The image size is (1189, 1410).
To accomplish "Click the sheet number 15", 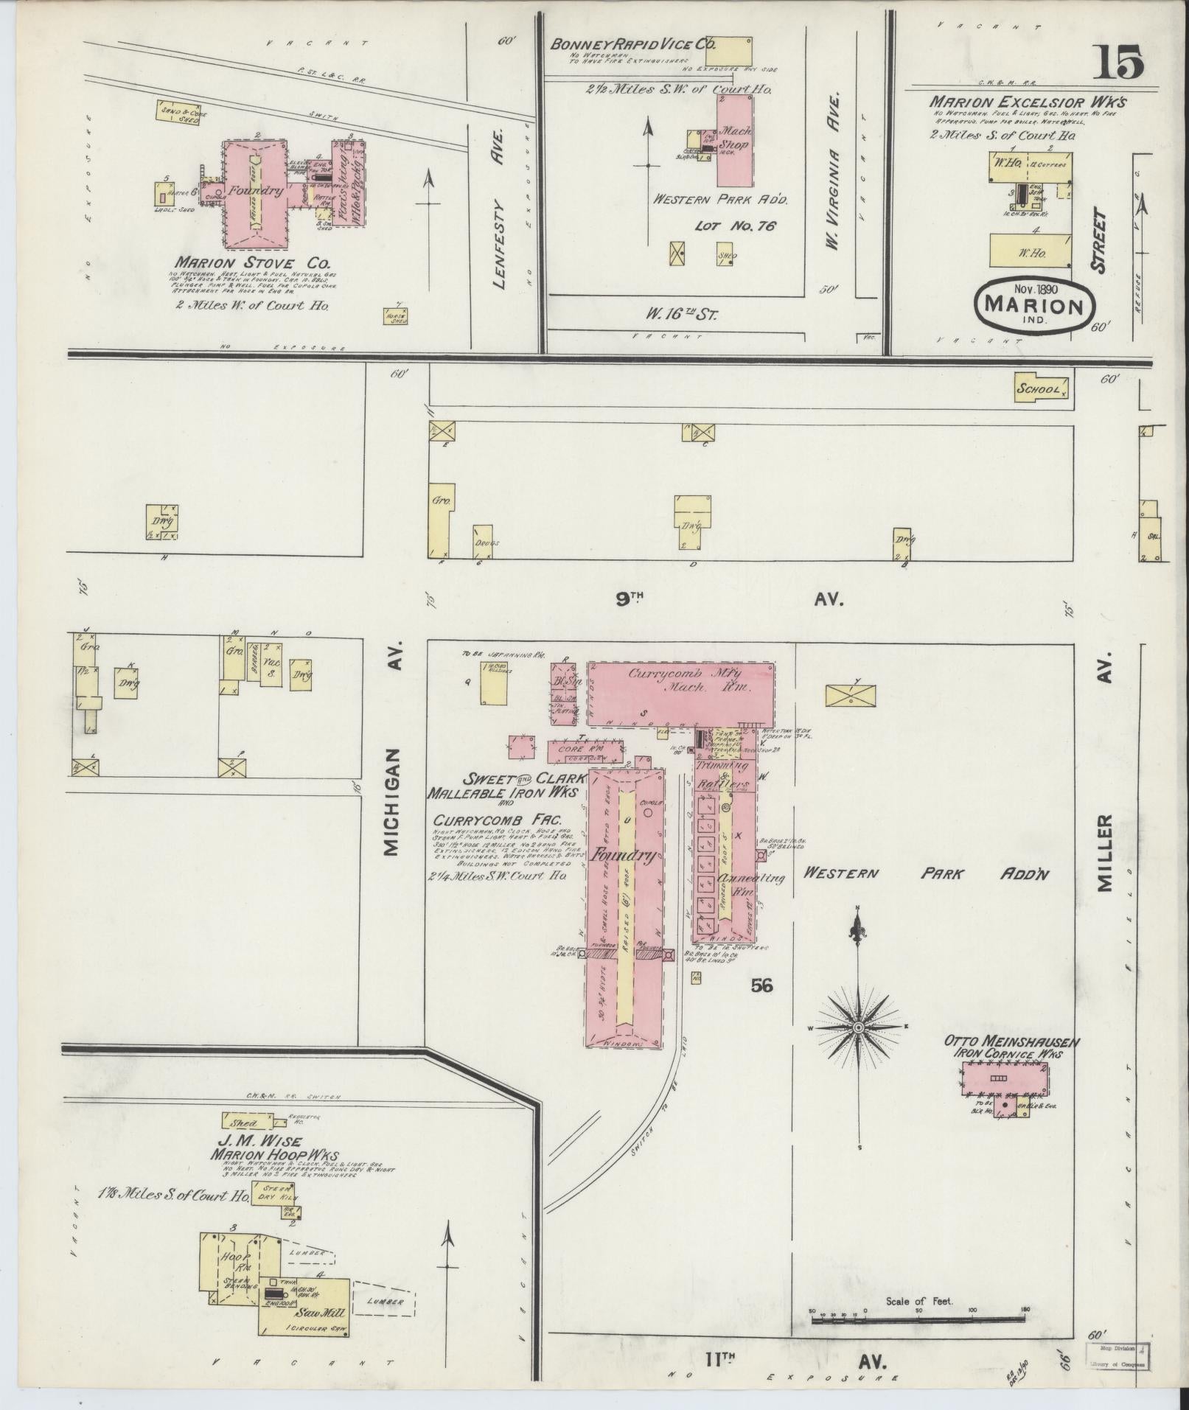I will point(1118,61).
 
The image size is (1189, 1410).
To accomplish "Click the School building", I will point(1041,389).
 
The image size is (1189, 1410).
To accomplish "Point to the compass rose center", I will point(859,1027).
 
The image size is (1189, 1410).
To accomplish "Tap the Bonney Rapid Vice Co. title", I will point(633,44).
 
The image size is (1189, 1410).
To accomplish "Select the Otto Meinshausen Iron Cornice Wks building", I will point(1004,1081).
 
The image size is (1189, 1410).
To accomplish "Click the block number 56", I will point(761,985).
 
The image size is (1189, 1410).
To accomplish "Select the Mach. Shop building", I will point(735,142).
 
